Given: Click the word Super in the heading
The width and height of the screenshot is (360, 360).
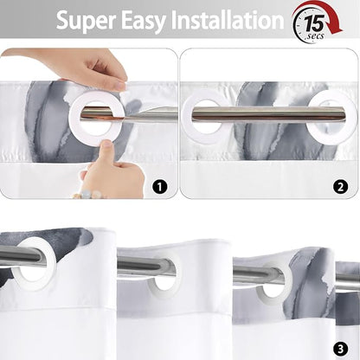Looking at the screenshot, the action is (x=87, y=21).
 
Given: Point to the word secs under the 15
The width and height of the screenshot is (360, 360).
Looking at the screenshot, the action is (x=316, y=36).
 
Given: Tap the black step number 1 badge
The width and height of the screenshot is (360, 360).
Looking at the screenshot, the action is (x=159, y=187).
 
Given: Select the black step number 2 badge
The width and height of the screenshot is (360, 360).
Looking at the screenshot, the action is (x=340, y=187).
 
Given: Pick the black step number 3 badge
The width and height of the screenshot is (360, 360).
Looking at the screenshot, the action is (x=340, y=349).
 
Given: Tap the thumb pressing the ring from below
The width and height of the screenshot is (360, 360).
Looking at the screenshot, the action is (x=107, y=150).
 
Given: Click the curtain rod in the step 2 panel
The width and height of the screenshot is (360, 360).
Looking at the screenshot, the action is (x=268, y=113).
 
